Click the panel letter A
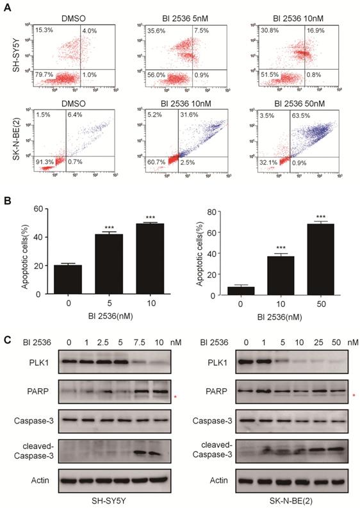[8, 7]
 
